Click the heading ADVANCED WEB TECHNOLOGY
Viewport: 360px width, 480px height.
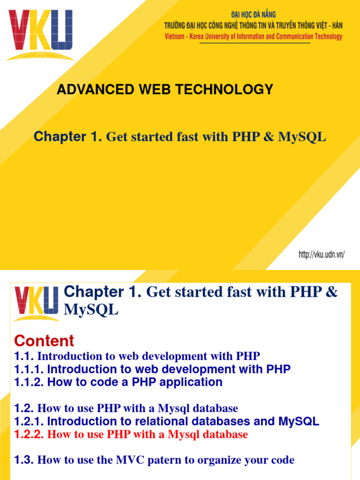point(165,90)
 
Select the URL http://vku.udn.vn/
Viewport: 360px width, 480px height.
point(322,255)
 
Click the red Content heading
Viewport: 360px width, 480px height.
point(45,341)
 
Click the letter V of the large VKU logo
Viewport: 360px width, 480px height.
point(18,30)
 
